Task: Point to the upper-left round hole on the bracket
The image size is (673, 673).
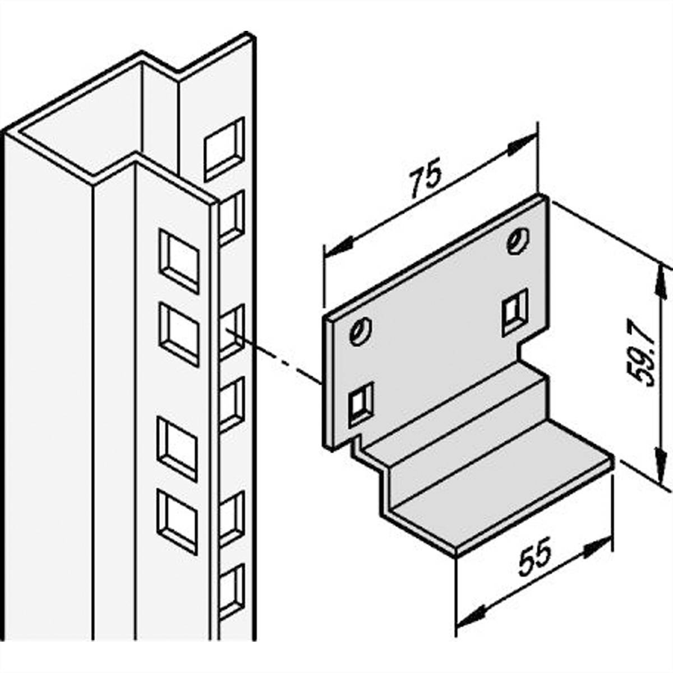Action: click(x=359, y=331)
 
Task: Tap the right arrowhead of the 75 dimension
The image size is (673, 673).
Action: click(x=522, y=144)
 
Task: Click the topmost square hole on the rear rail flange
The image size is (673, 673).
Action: click(x=224, y=149)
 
